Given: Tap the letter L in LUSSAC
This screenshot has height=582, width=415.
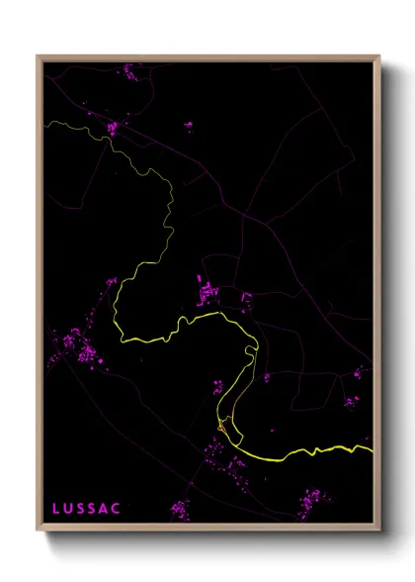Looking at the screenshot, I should (x=56, y=508).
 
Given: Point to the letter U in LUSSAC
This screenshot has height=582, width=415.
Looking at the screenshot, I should (x=68, y=508).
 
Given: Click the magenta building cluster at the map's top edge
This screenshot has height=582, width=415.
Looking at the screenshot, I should (x=130, y=70).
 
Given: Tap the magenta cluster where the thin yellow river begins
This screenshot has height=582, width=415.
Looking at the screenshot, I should (x=114, y=128).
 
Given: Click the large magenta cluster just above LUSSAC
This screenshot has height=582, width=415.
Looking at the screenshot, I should (x=77, y=347).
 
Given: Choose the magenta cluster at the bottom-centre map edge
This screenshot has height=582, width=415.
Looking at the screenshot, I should (x=179, y=510).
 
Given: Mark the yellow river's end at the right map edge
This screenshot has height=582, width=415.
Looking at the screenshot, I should (x=372, y=449).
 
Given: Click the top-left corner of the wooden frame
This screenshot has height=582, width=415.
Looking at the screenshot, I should (x=39, y=56).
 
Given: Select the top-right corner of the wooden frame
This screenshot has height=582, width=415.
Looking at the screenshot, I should (x=379, y=56).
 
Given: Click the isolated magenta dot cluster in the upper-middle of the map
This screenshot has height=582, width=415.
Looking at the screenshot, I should (x=188, y=126).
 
